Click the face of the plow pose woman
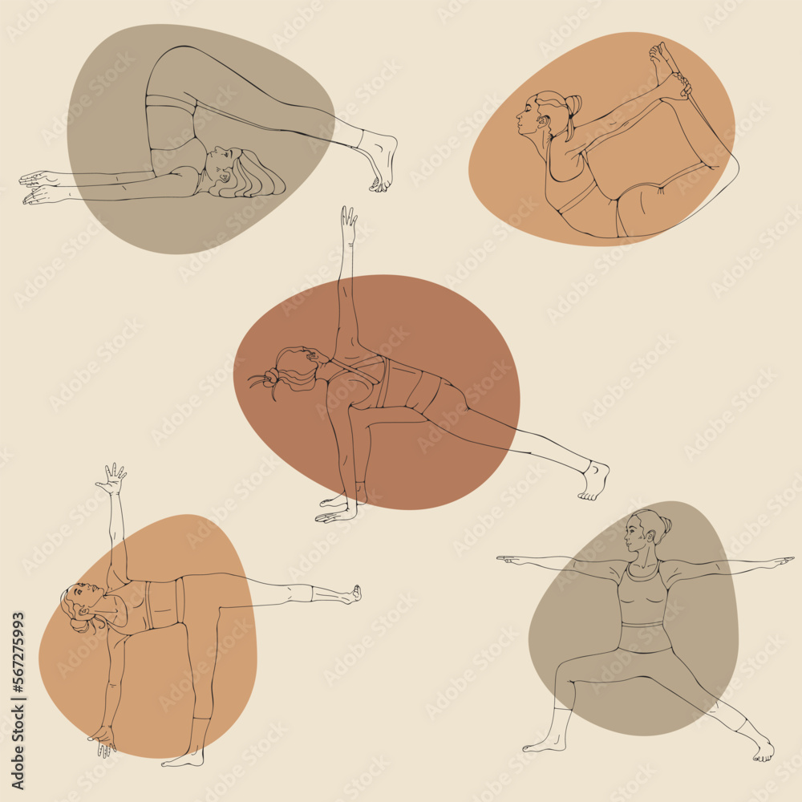click(221, 164)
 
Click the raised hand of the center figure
click(349, 221)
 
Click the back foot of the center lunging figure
click(594, 480)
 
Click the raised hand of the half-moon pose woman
click(113, 478)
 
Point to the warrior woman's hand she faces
click(513, 560)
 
